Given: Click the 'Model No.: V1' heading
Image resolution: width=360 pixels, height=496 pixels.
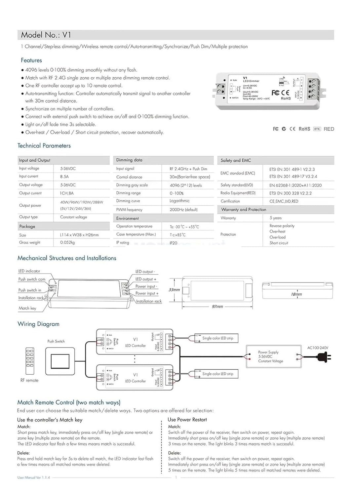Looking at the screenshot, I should click(x=46, y=35).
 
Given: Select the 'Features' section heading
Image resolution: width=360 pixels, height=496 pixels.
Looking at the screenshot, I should click(x=31, y=60).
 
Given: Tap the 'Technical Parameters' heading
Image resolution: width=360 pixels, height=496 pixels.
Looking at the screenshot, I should click(x=44, y=145).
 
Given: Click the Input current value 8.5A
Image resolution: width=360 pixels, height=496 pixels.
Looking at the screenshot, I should click(x=64, y=177).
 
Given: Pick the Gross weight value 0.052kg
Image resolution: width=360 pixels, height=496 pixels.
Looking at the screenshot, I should click(x=67, y=242).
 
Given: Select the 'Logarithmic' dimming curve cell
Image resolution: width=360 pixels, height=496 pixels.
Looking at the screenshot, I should click(x=180, y=201).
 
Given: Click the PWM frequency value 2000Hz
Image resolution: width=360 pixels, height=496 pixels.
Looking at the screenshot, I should click(x=183, y=210).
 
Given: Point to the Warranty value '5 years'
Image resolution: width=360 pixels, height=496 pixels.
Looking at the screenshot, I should click(x=275, y=218).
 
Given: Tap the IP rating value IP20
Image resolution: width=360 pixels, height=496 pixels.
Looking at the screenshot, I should click(x=173, y=243).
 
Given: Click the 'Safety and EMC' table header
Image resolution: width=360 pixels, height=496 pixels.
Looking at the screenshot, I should click(x=236, y=160).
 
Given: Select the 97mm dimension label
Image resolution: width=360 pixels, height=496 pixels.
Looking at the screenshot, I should click(x=217, y=307).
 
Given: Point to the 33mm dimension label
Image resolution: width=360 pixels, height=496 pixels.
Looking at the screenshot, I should click(x=174, y=290).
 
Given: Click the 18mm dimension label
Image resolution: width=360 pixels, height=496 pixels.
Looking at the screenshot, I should click(x=296, y=294).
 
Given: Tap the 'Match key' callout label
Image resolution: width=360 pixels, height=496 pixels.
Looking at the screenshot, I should click(x=27, y=308).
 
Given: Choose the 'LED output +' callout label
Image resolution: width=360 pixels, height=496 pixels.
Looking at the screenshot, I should click(x=145, y=279).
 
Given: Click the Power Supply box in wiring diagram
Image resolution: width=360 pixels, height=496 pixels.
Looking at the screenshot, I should click(x=274, y=356).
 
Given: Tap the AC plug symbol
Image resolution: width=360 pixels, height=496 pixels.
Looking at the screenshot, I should click(x=324, y=357).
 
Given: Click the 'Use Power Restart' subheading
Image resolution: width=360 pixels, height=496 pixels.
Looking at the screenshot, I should click(x=187, y=420).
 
